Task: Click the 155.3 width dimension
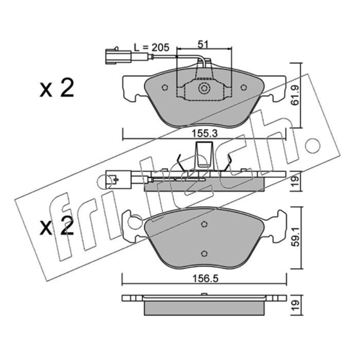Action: (x=204, y=133)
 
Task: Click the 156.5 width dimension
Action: (x=205, y=279)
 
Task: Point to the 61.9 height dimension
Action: (x=295, y=95)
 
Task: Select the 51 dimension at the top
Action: (x=203, y=44)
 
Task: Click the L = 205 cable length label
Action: (x=152, y=47)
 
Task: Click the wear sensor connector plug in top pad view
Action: (x=118, y=57)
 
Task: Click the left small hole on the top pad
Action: (x=165, y=87)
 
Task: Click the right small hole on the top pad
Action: (x=243, y=87)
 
